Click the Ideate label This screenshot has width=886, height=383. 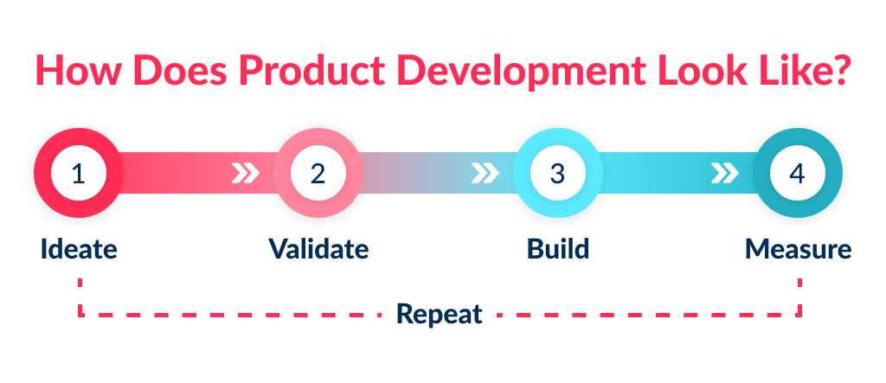78,249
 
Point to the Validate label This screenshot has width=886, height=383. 318,249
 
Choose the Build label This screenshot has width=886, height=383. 558,249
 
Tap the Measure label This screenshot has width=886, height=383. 798,249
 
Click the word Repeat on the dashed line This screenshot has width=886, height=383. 439,313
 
